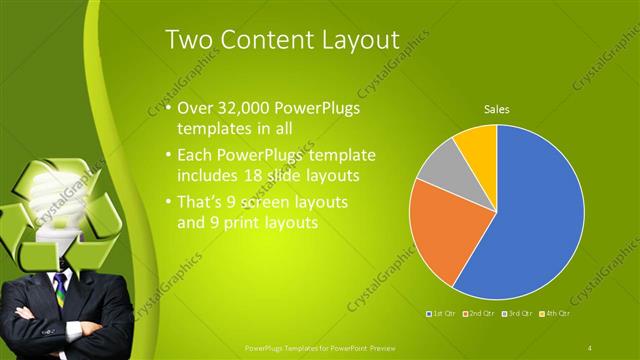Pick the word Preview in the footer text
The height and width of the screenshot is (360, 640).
tap(376, 347)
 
